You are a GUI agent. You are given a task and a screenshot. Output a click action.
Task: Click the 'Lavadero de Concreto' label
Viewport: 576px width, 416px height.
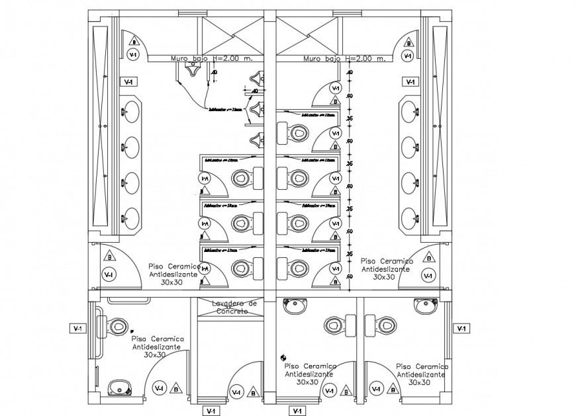pyautogui.click(x=230, y=307)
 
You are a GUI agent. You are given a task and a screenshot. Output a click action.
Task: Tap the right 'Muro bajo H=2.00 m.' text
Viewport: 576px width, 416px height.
pyautogui.click(x=344, y=59)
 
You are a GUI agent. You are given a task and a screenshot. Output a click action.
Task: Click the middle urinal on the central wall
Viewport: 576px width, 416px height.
pyautogui.click(x=256, y=108)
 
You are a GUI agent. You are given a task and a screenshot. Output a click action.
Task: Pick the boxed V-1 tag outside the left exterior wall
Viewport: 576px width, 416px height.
pyautogui.click(x=78, y=328)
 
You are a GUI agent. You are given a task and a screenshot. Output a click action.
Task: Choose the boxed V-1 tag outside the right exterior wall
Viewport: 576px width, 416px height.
pyautogui.click(x=461, y=328)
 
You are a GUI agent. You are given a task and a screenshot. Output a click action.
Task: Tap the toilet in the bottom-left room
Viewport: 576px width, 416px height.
pyautogui.click(x=117, y=326)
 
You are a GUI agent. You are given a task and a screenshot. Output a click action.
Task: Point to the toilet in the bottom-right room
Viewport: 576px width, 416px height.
pyautogui.click(x=385, y=325)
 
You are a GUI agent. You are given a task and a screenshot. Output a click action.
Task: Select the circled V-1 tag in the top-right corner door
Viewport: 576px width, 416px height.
pyautogui.click(x=407, y=56)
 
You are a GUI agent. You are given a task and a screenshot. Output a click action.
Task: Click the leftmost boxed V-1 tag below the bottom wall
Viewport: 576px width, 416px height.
pyautogui.click(x=211, y=411)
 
